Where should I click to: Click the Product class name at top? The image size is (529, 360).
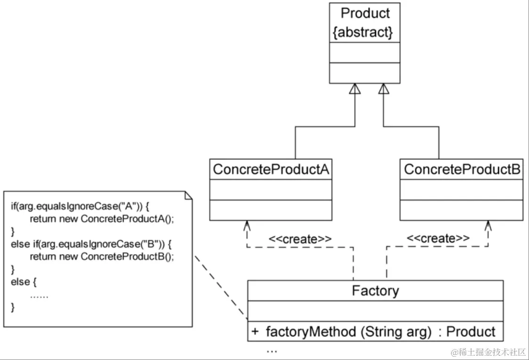365,13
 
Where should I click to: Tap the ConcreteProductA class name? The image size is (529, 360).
271,169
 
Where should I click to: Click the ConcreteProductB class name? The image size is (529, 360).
462,169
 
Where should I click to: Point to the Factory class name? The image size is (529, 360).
375,290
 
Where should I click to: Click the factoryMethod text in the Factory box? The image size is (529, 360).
311,332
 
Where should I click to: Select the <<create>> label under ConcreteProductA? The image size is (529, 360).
300,239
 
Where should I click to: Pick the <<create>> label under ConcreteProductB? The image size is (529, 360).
438,239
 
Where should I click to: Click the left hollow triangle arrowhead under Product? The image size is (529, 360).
354,89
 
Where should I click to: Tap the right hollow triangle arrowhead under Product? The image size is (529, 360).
384,89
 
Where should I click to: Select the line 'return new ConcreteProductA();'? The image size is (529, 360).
105,219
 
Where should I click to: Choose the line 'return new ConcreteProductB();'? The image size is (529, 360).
105,256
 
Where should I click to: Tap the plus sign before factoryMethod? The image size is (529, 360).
255,332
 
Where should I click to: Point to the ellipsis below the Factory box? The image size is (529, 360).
272,351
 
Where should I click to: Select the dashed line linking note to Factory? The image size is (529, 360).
221,287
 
